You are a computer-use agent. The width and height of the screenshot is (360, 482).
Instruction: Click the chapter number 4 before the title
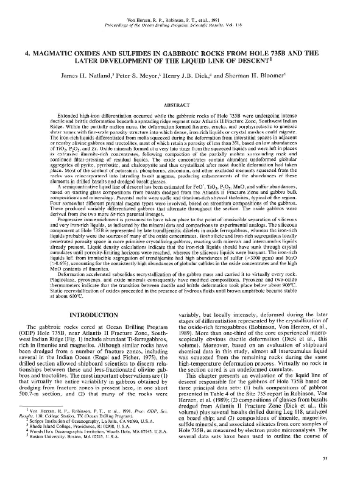pos(27,53)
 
